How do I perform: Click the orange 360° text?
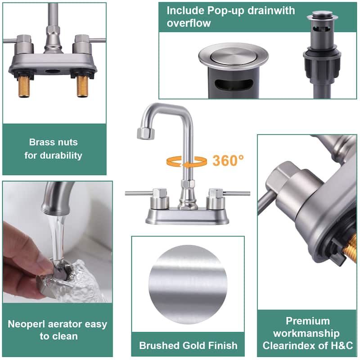[228, 161]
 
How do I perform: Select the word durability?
[61, 155]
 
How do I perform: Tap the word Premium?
[308, 321]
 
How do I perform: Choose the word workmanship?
[306, 333]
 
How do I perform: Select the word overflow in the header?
[189, 23]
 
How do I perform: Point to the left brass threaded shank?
[24, 86]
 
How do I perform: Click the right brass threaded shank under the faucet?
[83, 86]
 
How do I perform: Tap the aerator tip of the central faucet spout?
[145, 133]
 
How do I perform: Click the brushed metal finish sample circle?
[188, 285]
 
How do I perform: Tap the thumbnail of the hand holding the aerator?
[58, 242]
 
